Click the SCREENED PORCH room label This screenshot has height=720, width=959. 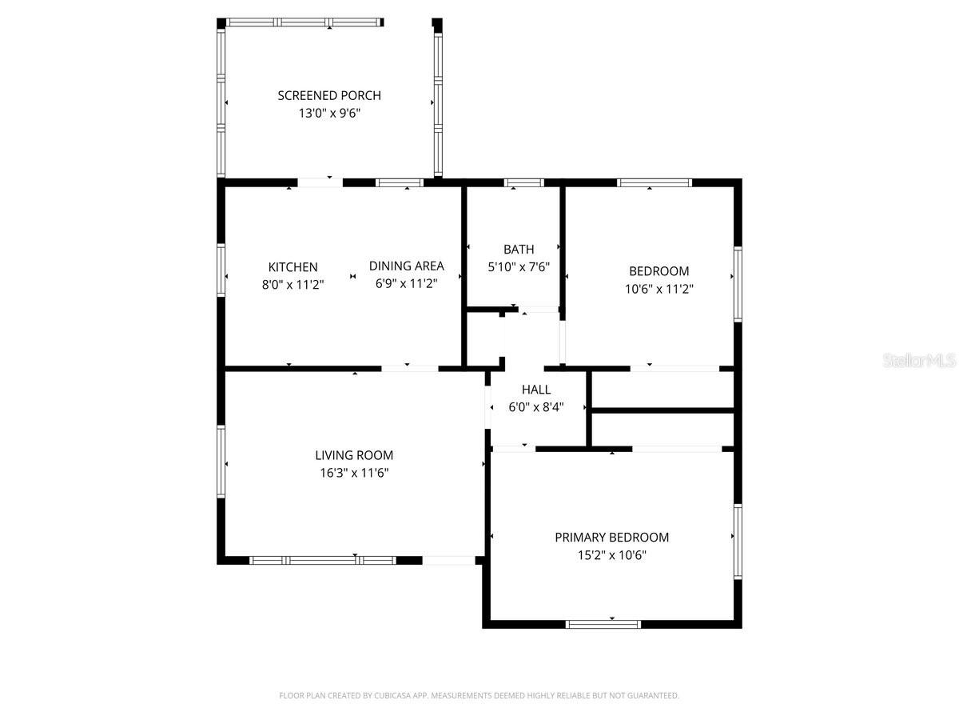pyautogui.click(x=329, y=95)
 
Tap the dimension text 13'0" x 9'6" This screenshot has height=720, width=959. pyautogui.click(x=329, y=114)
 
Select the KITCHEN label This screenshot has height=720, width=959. pyautogui.click(x=292, y=267)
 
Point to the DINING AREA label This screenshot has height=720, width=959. pyautogui.click(x=406, y=266)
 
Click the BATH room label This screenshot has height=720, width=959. pyautogui.click(x=519, y=250)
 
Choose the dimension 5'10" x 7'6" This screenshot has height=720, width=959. pyautogui.click(x=519, y=267)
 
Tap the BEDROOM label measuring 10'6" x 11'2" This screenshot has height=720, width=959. pyautogui.click(x=659, y=271)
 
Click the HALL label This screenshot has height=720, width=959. pyautogui.click(x=536, y=390)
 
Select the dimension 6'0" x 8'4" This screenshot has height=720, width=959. pyautogui.click(x=536, y=407)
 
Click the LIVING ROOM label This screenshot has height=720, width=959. pyautogui.click(x=354, y=455)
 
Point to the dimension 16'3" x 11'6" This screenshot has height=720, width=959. pyautogui.click(x=354, y=473)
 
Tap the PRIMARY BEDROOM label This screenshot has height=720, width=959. pyautogui.click(x=611, y=538)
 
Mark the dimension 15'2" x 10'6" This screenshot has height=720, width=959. pyautogui.click(x=611, y=555)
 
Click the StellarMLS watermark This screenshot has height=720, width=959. pyautogui.click(x=919, y=361)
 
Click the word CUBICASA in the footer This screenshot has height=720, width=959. pyautogui.click(x=396, y=696)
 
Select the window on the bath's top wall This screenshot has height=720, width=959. pyautogui.click(x=523, y=183)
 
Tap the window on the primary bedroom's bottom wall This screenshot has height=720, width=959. pyautogui.click(x=603, y=624)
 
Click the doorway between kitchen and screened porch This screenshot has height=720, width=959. pyautogui.click(x=320, y=183)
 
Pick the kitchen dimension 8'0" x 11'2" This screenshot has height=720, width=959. pyautogui.click(x=292, y=284)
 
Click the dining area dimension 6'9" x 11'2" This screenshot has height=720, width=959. pyautogui.click(x=406, y=283)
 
